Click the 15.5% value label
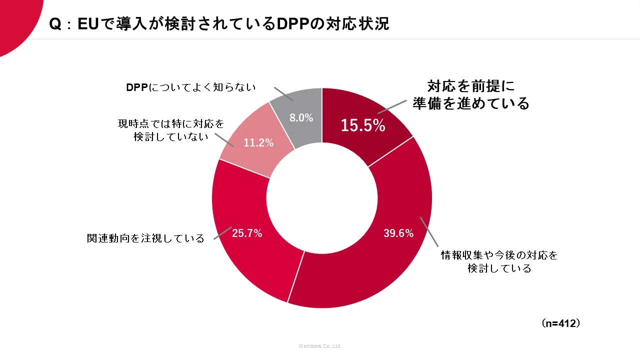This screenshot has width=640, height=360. pos(362,125)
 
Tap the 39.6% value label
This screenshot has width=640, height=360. pos(398,233)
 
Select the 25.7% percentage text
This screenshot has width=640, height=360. pos(247,233)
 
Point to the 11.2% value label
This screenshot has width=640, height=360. pos(258,143)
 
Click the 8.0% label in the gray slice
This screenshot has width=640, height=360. pos(301,118)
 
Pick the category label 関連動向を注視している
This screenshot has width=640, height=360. pos(145,238)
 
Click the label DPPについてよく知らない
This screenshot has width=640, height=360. pos(190,87)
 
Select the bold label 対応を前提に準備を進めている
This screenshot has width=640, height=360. pos(470,95)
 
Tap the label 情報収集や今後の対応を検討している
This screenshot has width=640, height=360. pos(499,261)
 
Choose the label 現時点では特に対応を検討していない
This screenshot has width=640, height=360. pos(171,130)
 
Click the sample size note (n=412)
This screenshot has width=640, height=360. pos(561,323)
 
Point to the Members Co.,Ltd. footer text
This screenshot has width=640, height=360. pos(320,346)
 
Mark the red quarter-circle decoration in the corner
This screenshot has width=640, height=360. pos(15,20)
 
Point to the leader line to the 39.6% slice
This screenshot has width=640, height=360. pos(428,232)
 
